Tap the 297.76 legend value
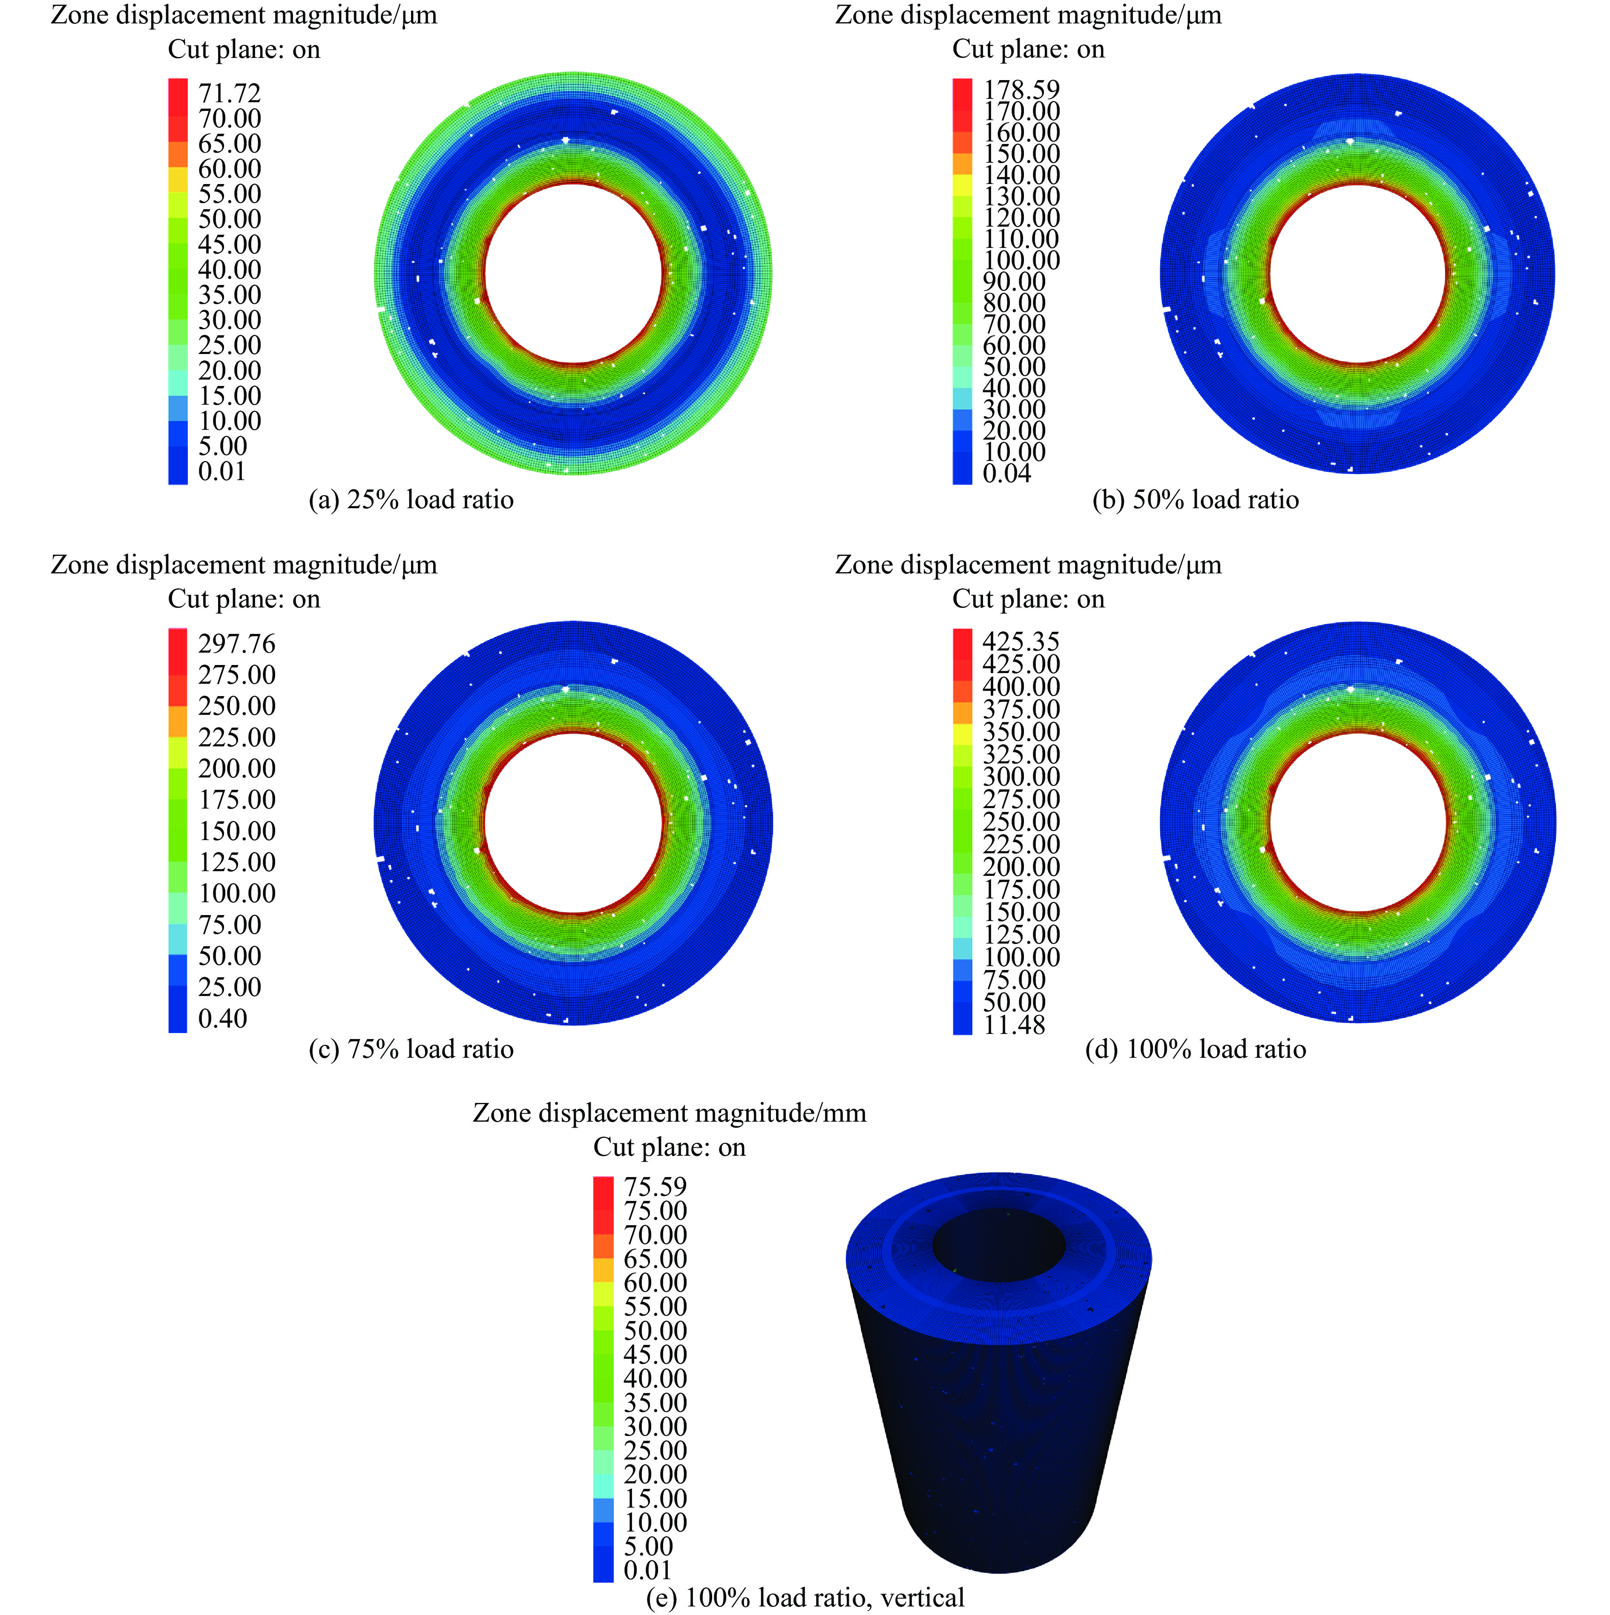pos(236,644)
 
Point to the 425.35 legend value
pos(1021,641)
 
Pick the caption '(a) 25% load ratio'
pos(411,500)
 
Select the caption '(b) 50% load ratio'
pos(1196,500)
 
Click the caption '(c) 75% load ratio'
pos(411,1049)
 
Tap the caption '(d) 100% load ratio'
pos(1196,1049)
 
